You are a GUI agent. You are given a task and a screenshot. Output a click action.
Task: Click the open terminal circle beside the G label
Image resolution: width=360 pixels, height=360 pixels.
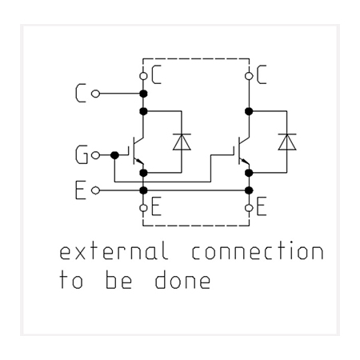click(x=95, y=155)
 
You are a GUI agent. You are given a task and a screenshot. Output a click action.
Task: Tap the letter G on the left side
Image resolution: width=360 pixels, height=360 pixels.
click(x=82, y=154)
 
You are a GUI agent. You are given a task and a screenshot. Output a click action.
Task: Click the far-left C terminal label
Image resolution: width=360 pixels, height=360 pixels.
click(x=81, y=93)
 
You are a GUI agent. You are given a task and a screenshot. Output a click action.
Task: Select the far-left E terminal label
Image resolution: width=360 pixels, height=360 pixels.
click(x=81, y=190)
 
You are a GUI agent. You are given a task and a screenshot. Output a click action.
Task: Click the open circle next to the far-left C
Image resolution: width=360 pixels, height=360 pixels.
click(x=95, y=94)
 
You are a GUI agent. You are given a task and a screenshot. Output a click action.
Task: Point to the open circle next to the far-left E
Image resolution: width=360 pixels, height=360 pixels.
click(x=95, y=190)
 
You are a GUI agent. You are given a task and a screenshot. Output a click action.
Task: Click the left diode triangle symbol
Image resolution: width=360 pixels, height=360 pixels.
click(x=182, y=142)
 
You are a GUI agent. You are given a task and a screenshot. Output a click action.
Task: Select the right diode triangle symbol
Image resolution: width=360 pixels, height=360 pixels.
click(x=287, y=142)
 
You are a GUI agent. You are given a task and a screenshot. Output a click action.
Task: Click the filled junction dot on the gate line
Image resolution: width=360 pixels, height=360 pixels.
click(x=114, y=155)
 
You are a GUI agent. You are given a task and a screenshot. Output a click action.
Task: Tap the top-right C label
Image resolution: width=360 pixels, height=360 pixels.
click(x=262, y=74)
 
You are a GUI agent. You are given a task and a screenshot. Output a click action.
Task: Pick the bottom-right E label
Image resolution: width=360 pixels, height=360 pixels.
click(x=262, y=206)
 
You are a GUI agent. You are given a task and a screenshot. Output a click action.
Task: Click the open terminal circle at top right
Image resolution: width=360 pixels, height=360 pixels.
click(x=249, y=76)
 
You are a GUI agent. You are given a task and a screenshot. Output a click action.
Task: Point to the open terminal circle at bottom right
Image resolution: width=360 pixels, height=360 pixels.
click(x=249, y=208)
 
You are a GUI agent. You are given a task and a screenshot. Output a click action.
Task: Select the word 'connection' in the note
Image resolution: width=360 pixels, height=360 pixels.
click(x=258, y=250)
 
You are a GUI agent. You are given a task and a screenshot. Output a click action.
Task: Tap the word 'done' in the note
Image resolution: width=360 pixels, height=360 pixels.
click(x=182, y=279)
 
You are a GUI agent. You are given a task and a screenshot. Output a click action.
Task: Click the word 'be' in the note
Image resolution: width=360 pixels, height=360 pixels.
click(x=118, y=279)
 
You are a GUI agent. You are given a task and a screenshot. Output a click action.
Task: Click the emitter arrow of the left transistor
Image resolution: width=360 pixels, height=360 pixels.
click(x=138, y=161)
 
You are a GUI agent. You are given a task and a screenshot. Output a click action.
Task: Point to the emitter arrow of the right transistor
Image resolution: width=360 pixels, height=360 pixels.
click(x=244, y=161)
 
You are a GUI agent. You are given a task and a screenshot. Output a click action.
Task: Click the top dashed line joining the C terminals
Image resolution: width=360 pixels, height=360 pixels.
click(x=196, y=58)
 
